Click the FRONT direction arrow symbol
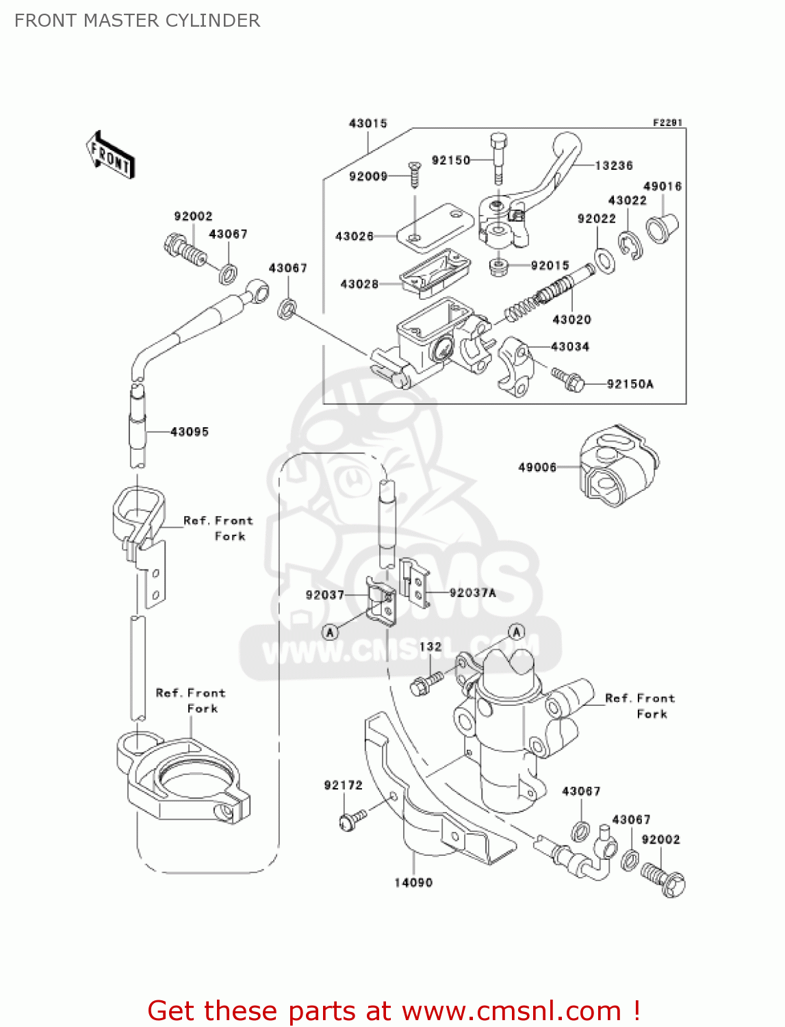pos(110,155)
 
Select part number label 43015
pos(368,123)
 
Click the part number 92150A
pos(630,384)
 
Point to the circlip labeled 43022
pos(630,246)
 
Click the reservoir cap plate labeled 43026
pos(435,226)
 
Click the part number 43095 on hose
pos(189,432)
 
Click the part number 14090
pos(413,883)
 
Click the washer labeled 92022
pos(604,260)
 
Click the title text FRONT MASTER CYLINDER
pos(137,21)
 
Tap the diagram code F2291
pos(667,123)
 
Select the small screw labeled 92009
pos(414,174)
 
